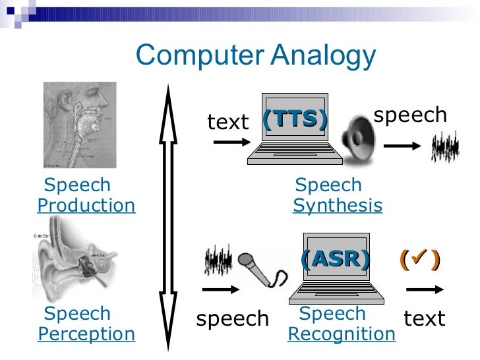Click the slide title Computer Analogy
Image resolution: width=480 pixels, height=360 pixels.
point(255,56)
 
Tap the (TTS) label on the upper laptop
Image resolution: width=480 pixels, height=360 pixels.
point(294,119)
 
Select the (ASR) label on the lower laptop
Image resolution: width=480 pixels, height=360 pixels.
point(334,259)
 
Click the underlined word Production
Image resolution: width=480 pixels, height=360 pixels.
point(86,206)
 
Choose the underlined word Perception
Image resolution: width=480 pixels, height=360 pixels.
point(86,334)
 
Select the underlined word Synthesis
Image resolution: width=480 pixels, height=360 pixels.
point(337,206)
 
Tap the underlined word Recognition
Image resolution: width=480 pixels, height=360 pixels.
point(342,334)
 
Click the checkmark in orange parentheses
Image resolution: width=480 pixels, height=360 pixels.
point(419,260)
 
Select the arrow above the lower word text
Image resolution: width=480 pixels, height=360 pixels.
point(425,289)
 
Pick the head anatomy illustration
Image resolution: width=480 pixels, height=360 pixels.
point(80,125)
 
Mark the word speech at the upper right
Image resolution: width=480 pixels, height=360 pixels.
point(410,115)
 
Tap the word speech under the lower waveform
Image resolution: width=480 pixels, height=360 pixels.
point(233,319)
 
